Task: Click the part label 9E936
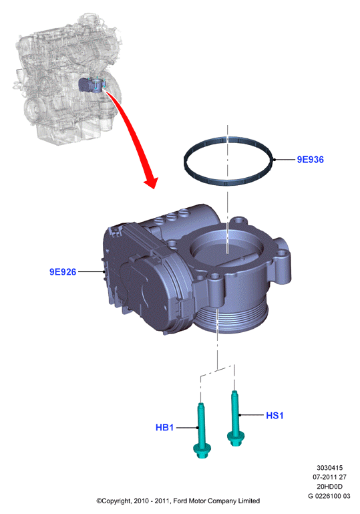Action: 310,160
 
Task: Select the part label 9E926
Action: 63,272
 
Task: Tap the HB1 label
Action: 164,428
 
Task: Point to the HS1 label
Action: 275,416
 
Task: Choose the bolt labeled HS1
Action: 235,418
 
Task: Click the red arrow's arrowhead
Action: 152,182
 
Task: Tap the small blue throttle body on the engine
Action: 92,85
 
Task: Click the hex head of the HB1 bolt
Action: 202,451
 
